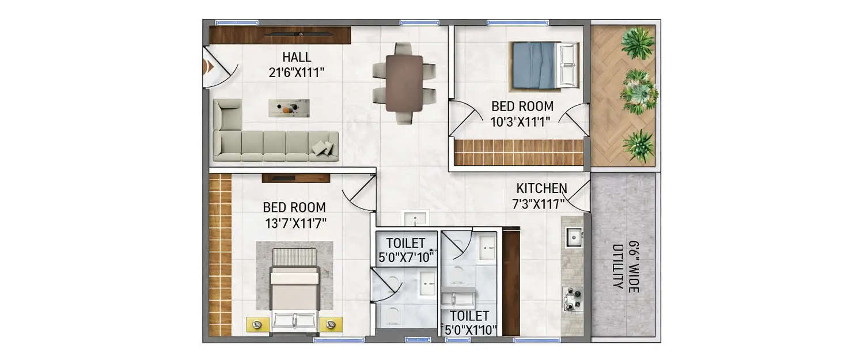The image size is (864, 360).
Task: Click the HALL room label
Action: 297,57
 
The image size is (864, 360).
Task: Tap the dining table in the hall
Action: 404,83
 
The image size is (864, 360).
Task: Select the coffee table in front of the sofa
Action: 289,108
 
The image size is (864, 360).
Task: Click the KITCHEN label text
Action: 541,188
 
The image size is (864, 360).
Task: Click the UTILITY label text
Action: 618,266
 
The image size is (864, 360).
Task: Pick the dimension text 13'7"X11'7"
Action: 294,222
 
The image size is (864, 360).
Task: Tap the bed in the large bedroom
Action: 294,297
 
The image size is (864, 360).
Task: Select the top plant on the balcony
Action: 638,43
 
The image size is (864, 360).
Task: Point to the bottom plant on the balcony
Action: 639,145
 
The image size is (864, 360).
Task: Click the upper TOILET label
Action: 406,242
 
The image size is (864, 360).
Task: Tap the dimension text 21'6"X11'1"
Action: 297,72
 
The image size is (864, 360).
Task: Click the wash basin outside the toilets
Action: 415,219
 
